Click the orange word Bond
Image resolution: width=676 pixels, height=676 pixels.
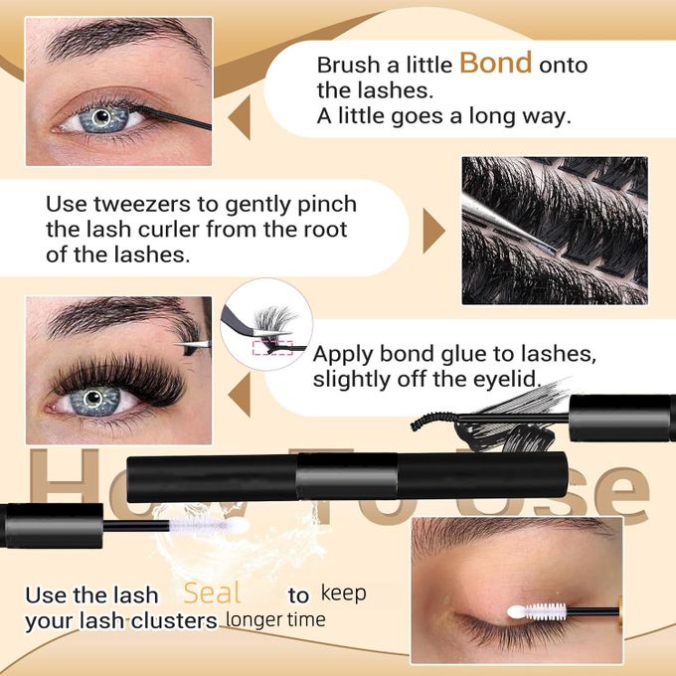pyautogui.click(x=496, y=64)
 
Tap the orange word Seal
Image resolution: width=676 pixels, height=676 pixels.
pyautogui.click(x=213, y=593)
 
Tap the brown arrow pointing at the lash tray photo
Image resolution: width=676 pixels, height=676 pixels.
pyautogui.click(x=433, y=232)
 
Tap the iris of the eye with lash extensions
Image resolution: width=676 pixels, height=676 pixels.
pyautogui.click(x=96, y=401)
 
